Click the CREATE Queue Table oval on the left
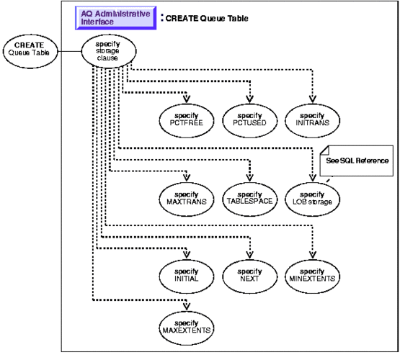click(x=27, y=51)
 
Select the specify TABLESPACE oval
click(x=249, y=197)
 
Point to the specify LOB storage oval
click(x=314, y=197)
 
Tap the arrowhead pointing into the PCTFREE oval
click(x=187, y=99)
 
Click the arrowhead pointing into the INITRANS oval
click(x=314, y=99)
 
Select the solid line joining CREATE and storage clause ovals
click(x=68, y=51)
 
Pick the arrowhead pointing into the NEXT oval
click(x=249, y=255)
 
